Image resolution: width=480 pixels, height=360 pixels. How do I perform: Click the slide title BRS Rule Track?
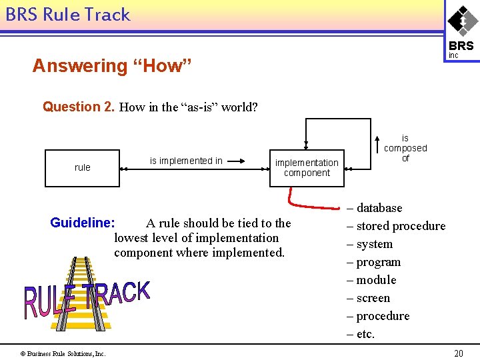click(x=68, y=15)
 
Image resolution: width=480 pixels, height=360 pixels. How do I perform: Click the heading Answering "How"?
click(x=112, y=66)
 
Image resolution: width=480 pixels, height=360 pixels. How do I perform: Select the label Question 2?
click(x=79, y=107)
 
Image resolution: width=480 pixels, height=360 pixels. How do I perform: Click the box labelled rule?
click(x=82, y=167)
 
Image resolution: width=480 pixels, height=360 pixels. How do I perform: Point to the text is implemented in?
click(x=186, y=161)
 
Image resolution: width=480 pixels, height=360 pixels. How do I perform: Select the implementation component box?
click(x=307, y=167)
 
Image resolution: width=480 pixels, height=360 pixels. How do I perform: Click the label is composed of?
click(x=405, y=148)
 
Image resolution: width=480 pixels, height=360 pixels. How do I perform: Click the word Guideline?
click(x=83, y=223)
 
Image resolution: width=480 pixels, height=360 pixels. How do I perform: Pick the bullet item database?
click(x=375, y=208)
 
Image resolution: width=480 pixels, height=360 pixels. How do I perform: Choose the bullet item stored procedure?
click(x=396, y=226)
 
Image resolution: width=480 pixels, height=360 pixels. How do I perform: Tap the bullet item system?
click(x=370, y=244)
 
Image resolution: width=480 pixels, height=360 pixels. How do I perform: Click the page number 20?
click(x=458, y=353)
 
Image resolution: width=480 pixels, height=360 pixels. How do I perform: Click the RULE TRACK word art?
click(x=87, y=298)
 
